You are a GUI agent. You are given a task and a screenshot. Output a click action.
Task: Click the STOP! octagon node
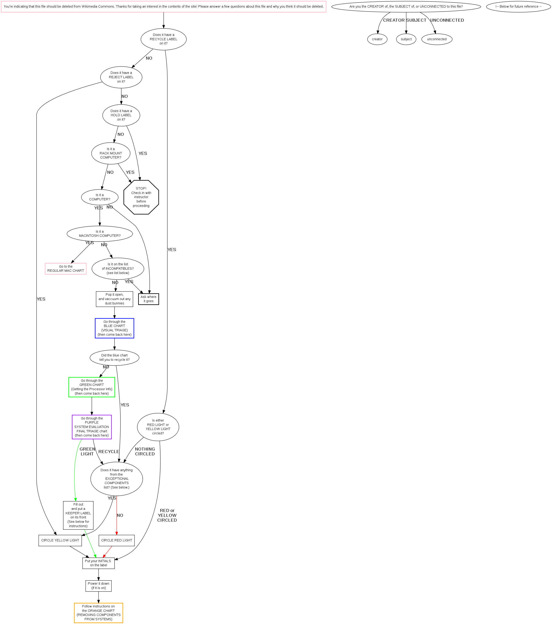click(x=141, y=197)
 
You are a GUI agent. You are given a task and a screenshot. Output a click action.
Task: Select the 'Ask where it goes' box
click(x=149, y=299)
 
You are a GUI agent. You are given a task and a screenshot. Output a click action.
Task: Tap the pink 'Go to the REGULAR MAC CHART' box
click(x=66, y=269)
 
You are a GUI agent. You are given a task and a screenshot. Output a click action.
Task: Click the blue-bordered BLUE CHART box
click(x=114, y=328)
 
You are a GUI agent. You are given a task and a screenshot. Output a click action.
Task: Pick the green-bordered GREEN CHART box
click(x=92, y=387)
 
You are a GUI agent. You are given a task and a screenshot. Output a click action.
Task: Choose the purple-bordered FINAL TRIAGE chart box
click(x=92, y=427)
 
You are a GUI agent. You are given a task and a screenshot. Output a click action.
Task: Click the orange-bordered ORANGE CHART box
click(x=98, y=613)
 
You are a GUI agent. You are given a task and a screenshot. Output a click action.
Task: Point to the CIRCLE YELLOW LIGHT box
click(x=60, y=540)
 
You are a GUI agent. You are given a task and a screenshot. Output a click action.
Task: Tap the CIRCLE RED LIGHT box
click(x=117, y=540)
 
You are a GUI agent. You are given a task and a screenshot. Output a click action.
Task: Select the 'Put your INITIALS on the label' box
click(x=98, y=563)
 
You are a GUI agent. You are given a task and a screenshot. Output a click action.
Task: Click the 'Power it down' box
click(x=98, y=586)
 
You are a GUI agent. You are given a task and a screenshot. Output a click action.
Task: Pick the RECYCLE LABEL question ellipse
click(x=164, y=39)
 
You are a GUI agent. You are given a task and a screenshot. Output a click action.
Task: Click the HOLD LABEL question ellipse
click(x=121, y=115)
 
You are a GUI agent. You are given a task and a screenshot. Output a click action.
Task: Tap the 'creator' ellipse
click(x=377, y=39)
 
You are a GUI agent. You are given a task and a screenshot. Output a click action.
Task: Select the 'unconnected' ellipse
click(x=437, y=39)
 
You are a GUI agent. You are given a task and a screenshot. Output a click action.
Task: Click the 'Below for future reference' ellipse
click(x=518, y=6)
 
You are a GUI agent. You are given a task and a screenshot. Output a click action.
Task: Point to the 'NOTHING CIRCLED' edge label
click(x=145, y=451)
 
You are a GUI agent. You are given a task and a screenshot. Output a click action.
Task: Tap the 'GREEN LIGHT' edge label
click(x=87, y=451)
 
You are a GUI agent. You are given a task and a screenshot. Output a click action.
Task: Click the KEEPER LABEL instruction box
click(x=78, y=515)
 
